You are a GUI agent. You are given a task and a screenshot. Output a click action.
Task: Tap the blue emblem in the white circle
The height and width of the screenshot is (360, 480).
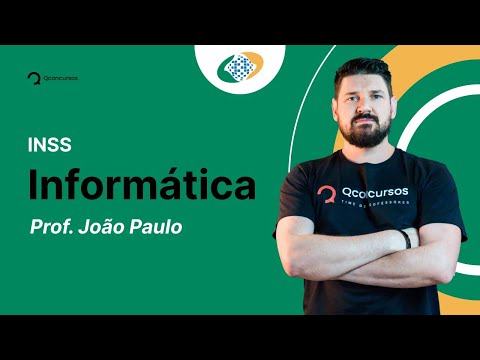[240, 67]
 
